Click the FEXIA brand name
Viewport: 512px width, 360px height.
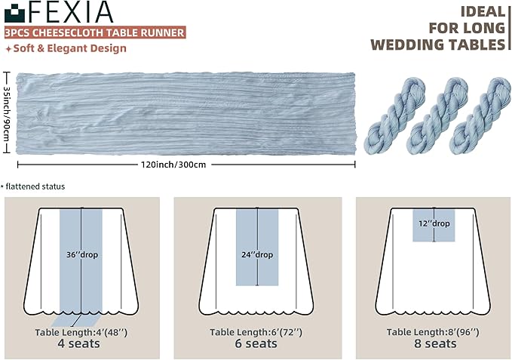74,13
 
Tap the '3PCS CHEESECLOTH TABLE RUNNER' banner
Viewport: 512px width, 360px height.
94,33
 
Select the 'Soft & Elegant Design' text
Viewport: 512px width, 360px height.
67,48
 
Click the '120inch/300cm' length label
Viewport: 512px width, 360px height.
185,164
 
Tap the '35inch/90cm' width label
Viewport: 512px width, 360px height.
6,113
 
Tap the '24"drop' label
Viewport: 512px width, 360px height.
258,254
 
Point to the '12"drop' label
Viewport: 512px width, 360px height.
434,223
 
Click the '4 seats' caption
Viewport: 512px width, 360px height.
78,344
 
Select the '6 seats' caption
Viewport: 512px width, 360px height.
255,344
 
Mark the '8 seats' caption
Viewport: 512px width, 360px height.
432,344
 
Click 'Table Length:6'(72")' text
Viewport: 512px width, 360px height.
255,332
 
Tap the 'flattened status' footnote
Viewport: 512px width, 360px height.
35,186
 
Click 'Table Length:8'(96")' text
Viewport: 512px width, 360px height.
432,332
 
